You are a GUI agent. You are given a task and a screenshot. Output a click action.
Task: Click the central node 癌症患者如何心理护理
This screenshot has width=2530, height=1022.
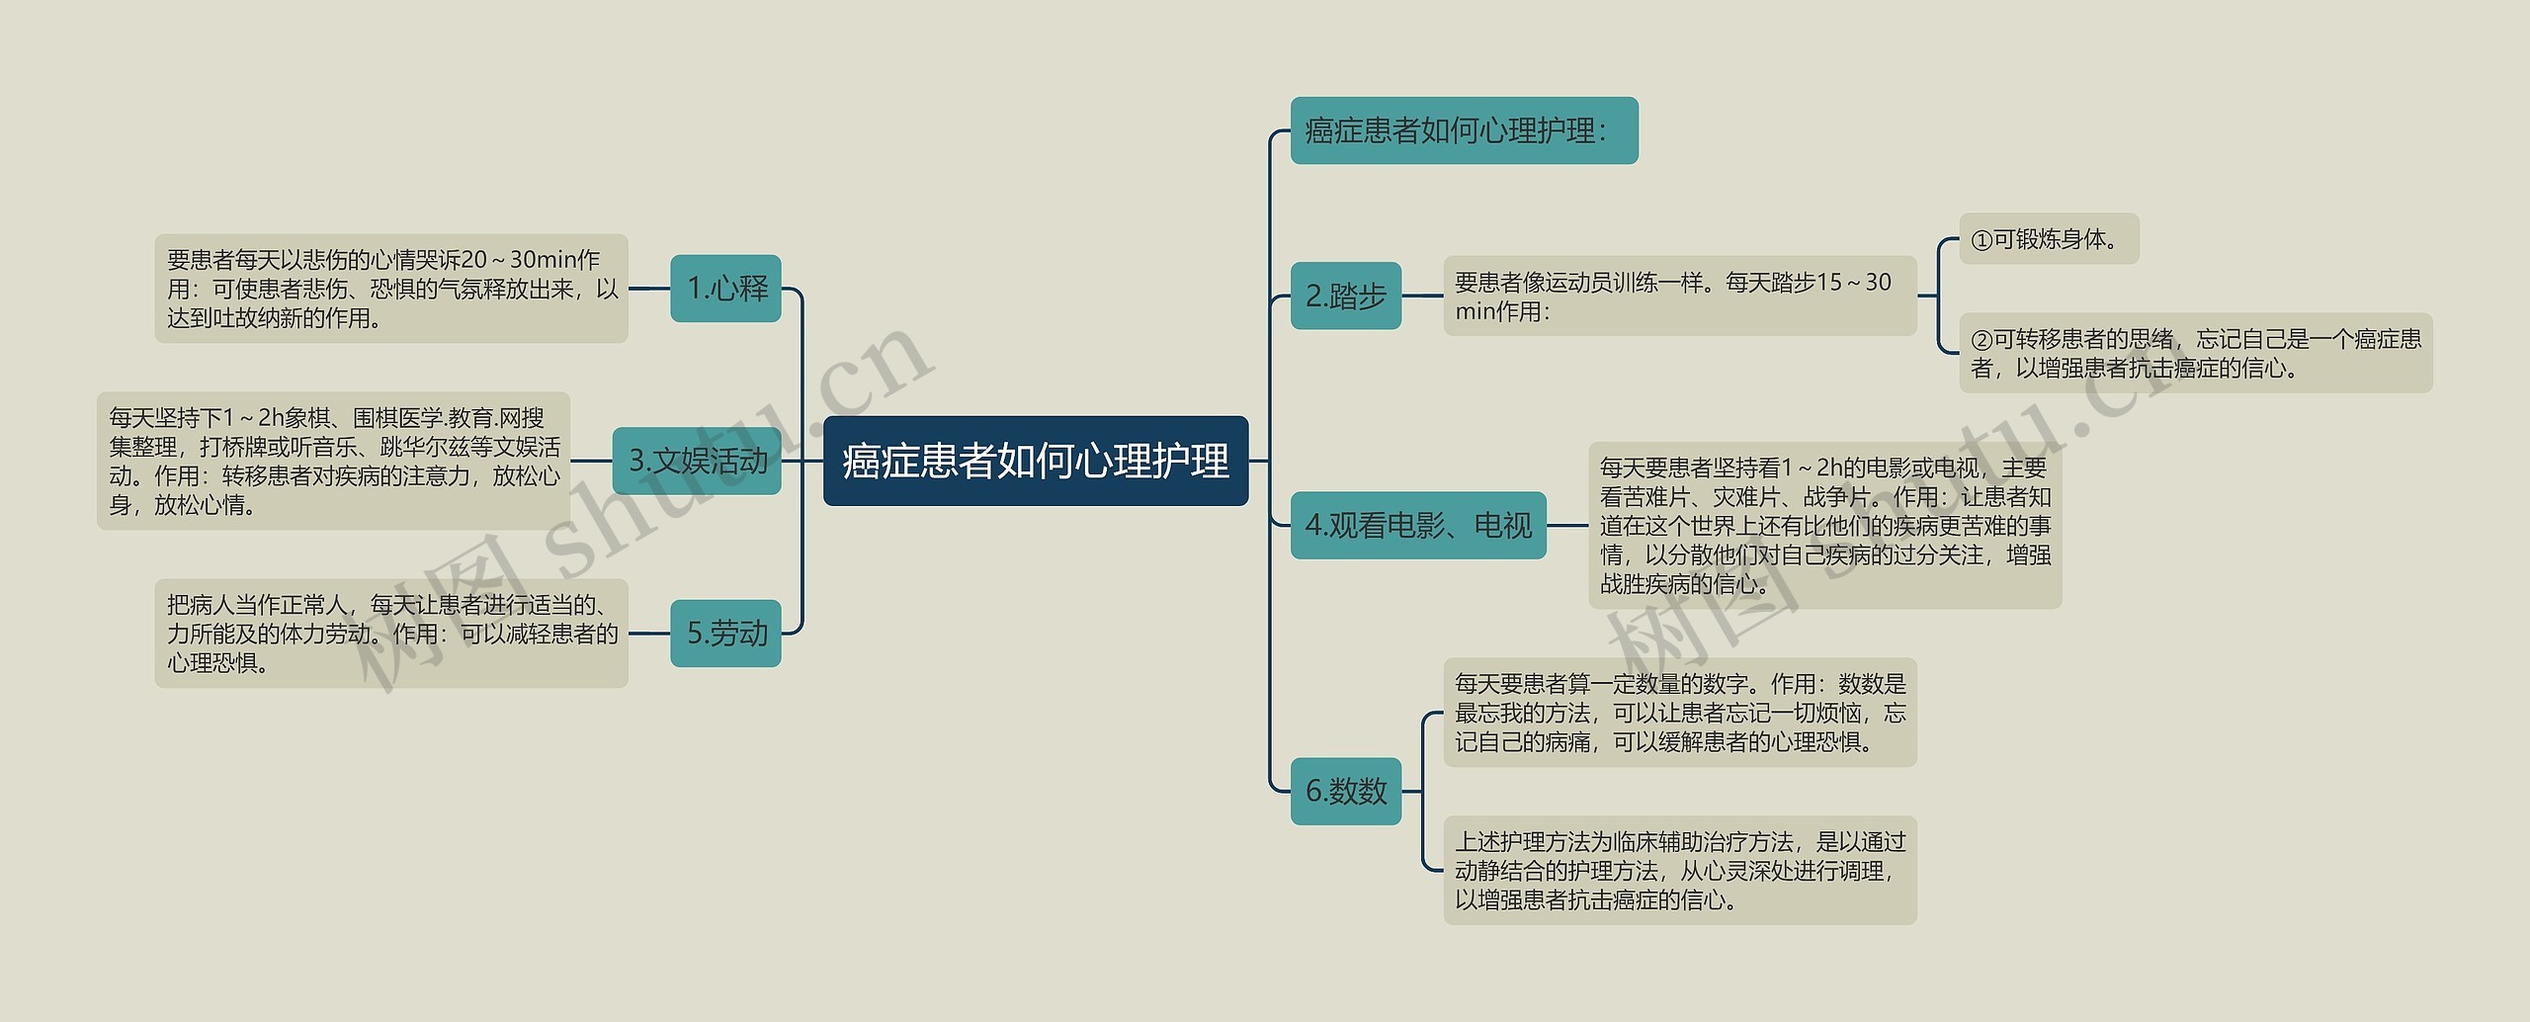(x=1035, y=461)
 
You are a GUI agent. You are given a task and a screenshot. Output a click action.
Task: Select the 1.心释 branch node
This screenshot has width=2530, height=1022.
(x=725, y=289)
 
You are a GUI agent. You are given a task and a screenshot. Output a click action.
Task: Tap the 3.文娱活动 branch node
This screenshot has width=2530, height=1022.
(x=697, y=461)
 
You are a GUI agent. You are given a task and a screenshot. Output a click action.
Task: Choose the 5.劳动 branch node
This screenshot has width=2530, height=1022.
(x=725, y=633)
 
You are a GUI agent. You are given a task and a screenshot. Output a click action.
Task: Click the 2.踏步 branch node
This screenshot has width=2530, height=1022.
(x=1345, y=296)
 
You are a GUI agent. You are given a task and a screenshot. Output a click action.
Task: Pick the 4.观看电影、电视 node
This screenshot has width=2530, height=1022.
(x=1417, y=525)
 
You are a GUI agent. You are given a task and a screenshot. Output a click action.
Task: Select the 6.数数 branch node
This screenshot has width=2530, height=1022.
(x=1345, y=791)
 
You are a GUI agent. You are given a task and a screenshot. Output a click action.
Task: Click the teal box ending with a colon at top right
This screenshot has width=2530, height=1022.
(x=1463, y=130)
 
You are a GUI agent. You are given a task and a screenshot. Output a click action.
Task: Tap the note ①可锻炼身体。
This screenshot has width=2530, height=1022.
(x=2048, y=239)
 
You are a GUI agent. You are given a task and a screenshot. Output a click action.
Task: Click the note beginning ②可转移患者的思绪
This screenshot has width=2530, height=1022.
(x=2195, y=353)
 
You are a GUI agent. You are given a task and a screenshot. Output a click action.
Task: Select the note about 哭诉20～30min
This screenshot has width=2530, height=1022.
(x=391, y=289)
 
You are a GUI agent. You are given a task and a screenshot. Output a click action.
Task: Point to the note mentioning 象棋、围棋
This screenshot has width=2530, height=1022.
(x=333, y=461)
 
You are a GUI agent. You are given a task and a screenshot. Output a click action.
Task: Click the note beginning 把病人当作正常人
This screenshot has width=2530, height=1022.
(x=391, y=633)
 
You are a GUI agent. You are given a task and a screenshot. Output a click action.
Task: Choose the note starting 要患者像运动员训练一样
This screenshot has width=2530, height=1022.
(x=1679, y=296)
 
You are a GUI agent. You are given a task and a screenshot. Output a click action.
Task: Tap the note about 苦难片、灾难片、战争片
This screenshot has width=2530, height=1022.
(x=1824, y=525)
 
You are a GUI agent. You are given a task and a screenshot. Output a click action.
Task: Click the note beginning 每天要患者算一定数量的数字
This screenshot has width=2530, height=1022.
(x=1679, y=712)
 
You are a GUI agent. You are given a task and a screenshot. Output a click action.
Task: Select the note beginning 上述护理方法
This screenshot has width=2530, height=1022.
(x=1679, y=870)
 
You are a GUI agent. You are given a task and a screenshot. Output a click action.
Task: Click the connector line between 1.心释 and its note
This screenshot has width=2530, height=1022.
(x=649, y=289)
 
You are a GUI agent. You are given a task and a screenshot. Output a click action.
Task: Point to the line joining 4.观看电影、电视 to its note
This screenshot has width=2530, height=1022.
(x=1567, y=525)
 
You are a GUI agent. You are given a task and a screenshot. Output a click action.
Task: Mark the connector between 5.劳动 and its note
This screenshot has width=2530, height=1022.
(x=649, y=633)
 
